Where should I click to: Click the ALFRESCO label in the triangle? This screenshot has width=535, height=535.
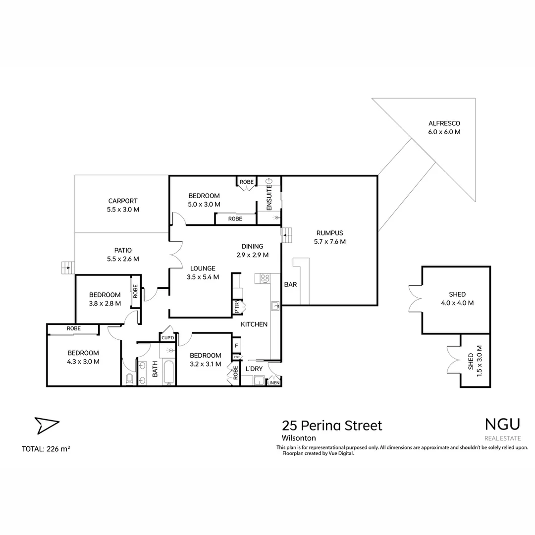(x=444, y=128)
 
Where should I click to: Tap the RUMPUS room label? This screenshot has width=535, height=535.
(x=329, y=237)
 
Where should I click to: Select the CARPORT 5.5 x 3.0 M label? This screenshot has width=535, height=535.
(x=122, y=205)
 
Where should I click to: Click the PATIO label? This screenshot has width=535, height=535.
(x=122, y=254)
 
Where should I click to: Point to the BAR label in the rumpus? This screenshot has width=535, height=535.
(x=290, y=285)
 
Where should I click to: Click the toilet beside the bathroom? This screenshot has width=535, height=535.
(x=129, y=379)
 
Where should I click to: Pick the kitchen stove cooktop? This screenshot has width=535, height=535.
(x=265, y=279)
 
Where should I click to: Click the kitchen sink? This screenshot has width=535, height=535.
(x=275, y=306)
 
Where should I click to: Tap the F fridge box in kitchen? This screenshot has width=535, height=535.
(x=237, y=345)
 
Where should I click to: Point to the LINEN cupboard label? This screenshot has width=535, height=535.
(x=273, y=382)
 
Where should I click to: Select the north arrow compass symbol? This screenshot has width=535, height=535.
(x=47, y=425)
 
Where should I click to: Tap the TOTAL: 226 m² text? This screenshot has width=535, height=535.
(x=46, y=449)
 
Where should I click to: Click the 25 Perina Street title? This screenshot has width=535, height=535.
(x=331, y=426)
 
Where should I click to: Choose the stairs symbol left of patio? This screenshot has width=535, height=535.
(x=67, y=267)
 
